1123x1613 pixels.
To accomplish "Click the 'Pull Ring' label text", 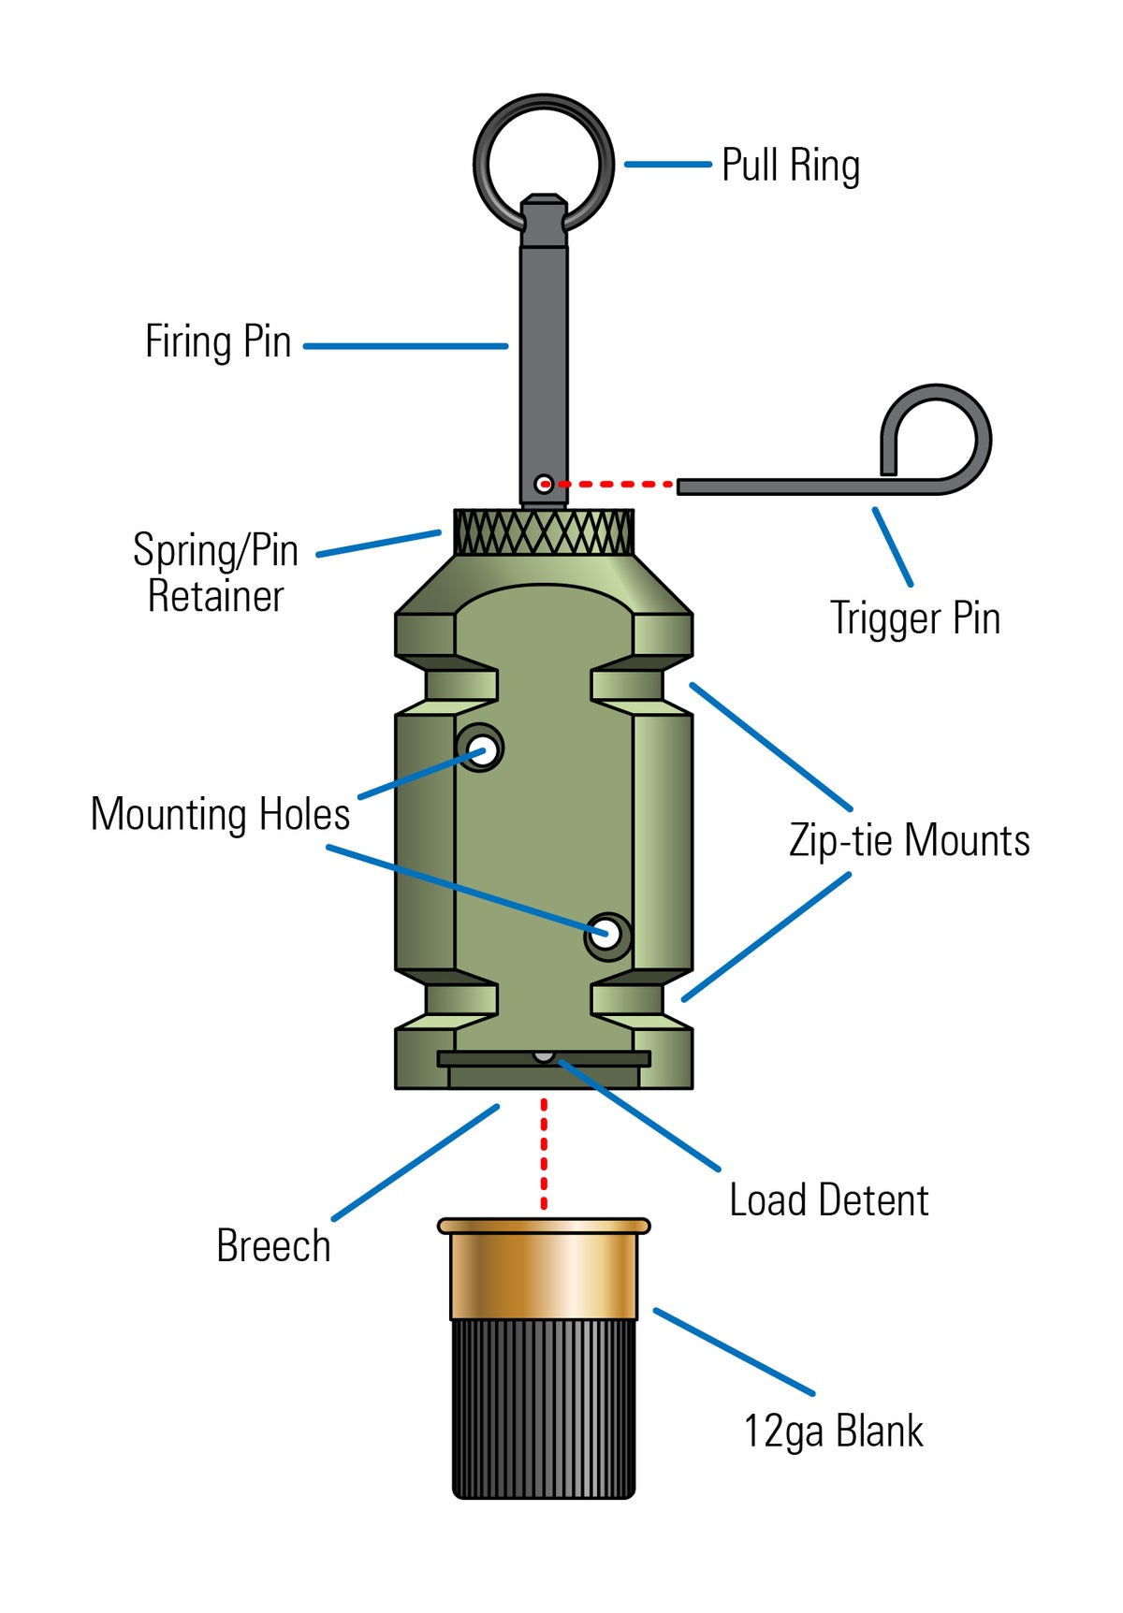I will (x=791, y=166).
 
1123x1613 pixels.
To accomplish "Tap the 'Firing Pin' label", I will (x=218, y=341).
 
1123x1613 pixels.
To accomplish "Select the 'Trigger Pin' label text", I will (x=915, y=618).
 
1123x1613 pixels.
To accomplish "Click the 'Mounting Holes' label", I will (x=220, y=814).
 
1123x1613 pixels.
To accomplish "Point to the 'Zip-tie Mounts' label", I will (x=909, y=840).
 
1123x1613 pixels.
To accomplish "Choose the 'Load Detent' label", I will (x=828, y=1200).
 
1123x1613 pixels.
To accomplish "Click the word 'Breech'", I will (x=273, y=1246).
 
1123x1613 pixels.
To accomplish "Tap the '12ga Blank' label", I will (x=833, y=1431).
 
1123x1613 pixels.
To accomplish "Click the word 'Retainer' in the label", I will (x=215, y=597).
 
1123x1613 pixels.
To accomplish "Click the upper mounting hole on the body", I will (x=481, y=748).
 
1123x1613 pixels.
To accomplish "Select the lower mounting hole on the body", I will (x=606, y=934).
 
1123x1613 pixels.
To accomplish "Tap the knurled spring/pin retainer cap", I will (x=544, y=532).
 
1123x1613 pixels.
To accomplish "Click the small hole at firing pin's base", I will (x=543, y=484).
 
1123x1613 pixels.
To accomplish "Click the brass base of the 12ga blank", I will (x=544, y=1272).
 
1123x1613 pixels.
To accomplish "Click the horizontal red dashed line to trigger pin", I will (x=613, y=485).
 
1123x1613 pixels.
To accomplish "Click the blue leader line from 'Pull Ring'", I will (x=667, y=165).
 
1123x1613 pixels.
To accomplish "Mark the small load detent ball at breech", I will (x=544, y=1056).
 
